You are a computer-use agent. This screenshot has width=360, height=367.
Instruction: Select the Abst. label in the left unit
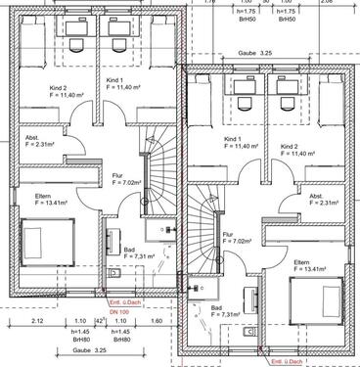click(x=32, y=137)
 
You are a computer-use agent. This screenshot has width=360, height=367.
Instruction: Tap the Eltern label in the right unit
click(x=300, y=235)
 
